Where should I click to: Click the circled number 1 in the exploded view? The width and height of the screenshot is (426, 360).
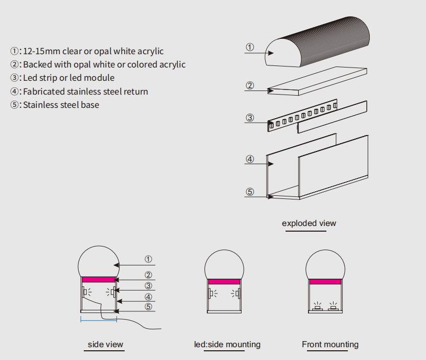tap(250, 47)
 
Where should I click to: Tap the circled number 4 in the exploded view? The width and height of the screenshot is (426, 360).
tap(250, 159)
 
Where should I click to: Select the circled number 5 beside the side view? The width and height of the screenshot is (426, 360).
tap(148, 307)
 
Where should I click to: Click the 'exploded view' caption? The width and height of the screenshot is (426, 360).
tap(309, 223)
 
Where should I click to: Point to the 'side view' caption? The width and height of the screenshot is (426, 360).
tap(105, 344)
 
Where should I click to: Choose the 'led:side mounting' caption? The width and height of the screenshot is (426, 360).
tap(227, 344)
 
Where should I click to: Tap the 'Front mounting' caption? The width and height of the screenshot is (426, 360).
tap(330, 344)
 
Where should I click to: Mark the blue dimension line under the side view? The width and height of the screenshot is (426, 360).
tap(99, 319)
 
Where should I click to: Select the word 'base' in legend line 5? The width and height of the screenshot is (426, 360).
tap(90, 105)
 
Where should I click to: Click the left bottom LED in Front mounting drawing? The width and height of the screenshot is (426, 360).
tap(317, 307)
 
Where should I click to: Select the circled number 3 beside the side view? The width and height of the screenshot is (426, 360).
tap(148, 286)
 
